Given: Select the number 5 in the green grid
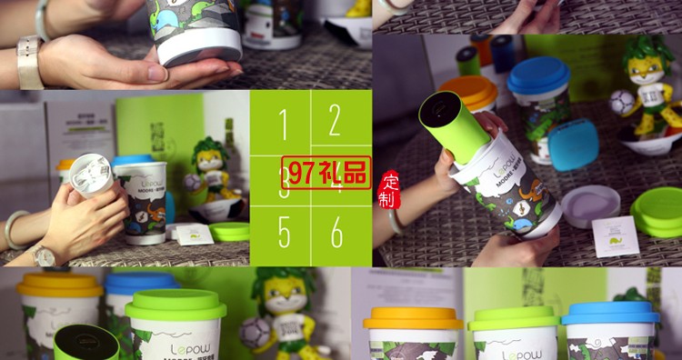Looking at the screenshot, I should click(285, 233).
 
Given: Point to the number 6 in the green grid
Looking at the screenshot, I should click(336, 233).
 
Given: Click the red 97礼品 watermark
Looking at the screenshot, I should click(326, 171).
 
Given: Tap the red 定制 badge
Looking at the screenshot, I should click(389, 189).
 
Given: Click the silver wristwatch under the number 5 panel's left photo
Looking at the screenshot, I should click(44, 256).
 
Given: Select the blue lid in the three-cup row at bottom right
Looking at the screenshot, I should click(610, 313).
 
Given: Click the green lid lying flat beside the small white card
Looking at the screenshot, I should click(229, 232).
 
